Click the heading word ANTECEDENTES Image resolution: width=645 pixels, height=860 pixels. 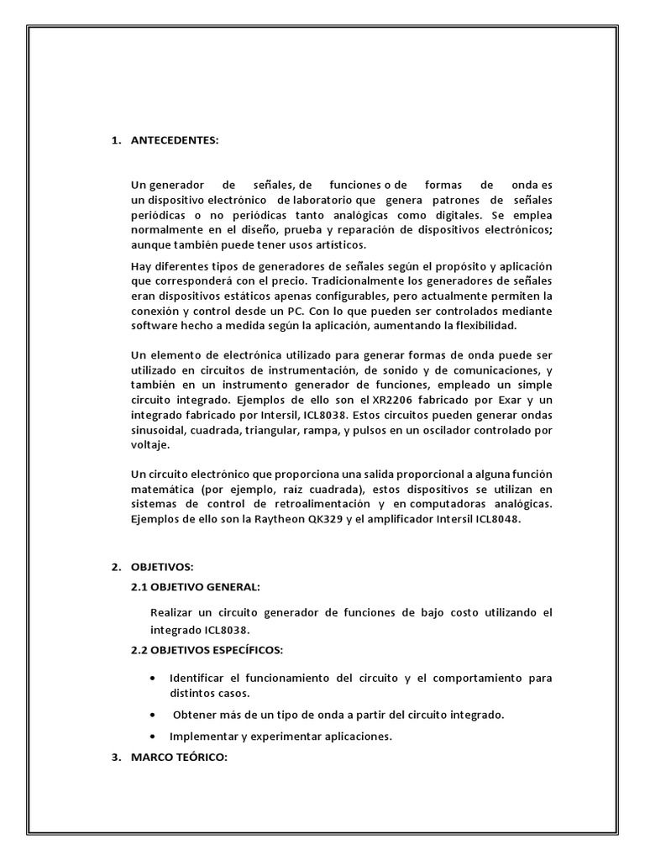[175, 140]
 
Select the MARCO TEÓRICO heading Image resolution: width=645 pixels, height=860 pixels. [179, 757]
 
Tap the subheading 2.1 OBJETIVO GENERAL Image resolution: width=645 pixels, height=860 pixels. [196, 586]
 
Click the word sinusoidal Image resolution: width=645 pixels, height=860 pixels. [160, 430]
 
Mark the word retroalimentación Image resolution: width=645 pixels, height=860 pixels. [323, 505]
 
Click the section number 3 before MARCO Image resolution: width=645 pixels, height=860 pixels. [115, 757]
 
